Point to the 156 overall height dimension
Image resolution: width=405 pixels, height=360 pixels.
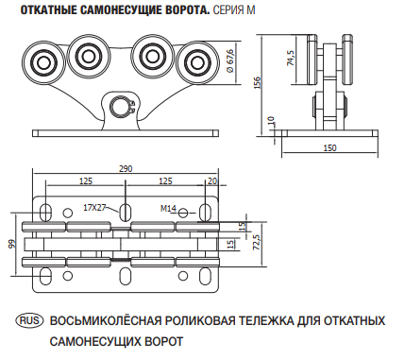click(258, 83)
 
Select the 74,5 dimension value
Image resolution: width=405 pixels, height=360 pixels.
click(290, 60)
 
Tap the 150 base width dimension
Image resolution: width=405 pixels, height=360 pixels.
click(329, 148)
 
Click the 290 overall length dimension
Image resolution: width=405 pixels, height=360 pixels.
click(126, 167)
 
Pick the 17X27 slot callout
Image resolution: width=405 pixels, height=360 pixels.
click(94, 206)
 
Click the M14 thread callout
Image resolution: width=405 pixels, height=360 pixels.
click(168, 207)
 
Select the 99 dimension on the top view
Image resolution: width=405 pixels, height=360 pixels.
click(12, 244)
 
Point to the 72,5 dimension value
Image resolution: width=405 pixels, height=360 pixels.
click(256, 242)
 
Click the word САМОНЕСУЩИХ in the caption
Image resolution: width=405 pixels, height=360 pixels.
click(96, 338)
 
